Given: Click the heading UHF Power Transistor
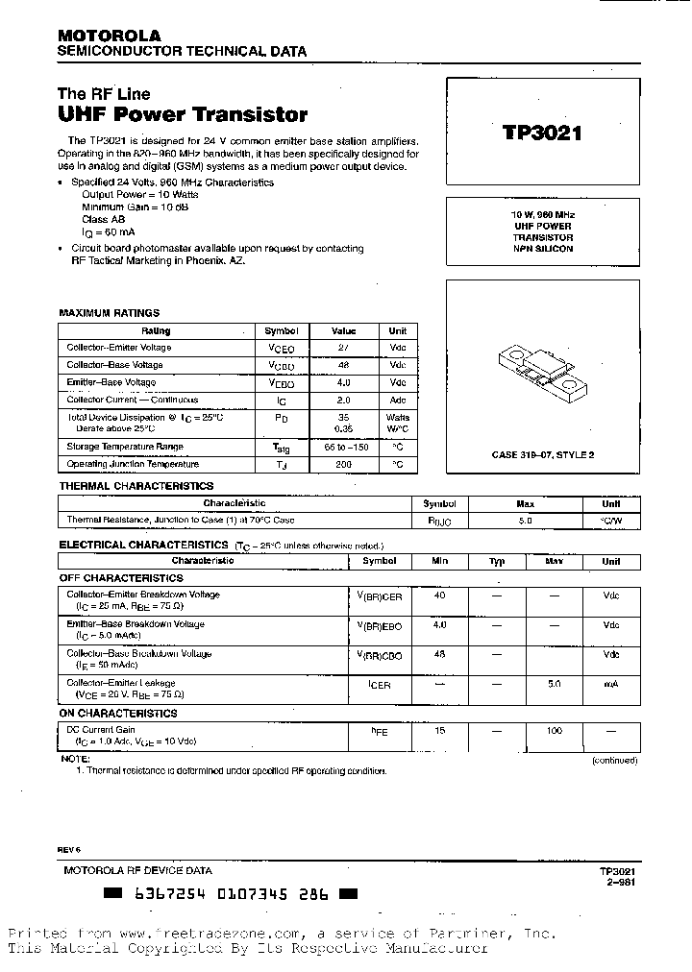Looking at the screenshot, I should pos(183,115).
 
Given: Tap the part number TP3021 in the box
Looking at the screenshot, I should pos(542,134).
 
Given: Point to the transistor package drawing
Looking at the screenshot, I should pos(542,370).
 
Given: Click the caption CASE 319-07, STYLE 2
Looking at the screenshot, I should pos(542,454).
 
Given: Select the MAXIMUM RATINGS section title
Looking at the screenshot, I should pos(109,313).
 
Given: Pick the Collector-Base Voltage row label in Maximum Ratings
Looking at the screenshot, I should pos(114,365).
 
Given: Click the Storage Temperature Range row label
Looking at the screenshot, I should pos(124,447).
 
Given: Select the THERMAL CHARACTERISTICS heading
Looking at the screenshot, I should pos(136,486).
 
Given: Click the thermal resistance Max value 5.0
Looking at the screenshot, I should pos(525,520).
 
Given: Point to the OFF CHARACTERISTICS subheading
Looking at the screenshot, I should pos(121,578).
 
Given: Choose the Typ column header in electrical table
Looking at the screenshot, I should pos(497,561).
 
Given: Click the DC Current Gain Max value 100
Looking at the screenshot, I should pos(554,732).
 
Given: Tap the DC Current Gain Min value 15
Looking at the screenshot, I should pos(439,732).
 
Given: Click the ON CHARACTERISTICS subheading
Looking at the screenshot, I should pos(118,714).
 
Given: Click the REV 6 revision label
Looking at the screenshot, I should pos(70,851).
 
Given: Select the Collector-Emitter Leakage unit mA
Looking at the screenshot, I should pos(610,684).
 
